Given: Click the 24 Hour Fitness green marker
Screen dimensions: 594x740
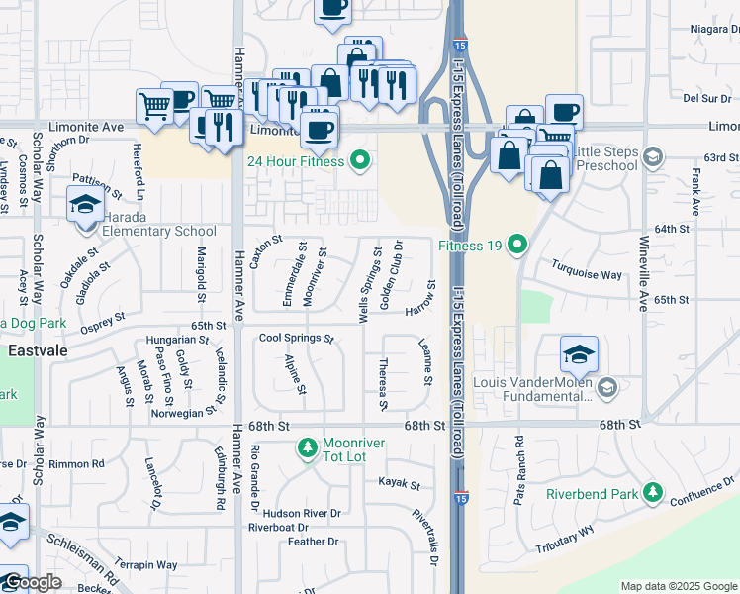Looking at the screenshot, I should click(360, 159).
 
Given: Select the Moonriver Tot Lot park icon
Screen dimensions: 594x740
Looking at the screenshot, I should click(308, 449).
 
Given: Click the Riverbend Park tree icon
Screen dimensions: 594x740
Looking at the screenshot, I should click(652, 492).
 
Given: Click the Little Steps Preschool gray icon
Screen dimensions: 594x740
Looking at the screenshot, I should click(652, 156).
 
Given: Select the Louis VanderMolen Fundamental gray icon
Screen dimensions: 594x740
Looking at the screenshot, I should click(607, 386).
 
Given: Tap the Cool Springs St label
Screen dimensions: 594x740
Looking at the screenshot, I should click(297, 338).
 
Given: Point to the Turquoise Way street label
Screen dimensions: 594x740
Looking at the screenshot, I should click(587, 274).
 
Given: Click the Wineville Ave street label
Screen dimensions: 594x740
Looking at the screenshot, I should click(643, 272).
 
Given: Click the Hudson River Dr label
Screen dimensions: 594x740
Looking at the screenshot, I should click(302, 513).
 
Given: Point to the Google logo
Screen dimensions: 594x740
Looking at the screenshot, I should click(33, 582).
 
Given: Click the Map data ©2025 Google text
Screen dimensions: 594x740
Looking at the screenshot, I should click(678, 586).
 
